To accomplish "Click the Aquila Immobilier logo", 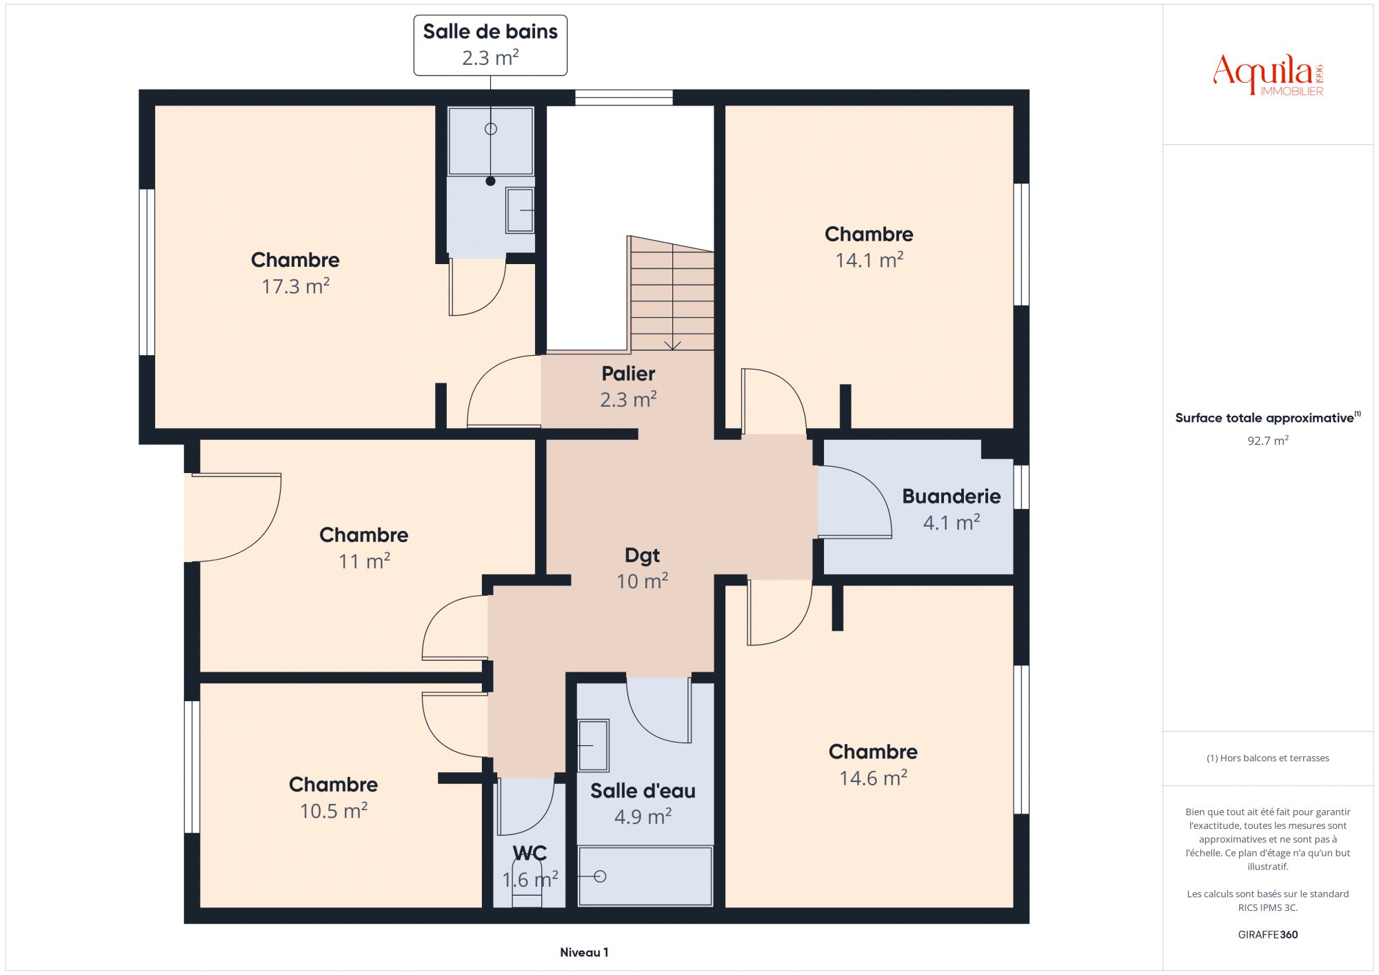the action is pos(1268,74).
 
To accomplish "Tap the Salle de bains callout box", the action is pos(490,45).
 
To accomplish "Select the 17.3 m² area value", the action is pos(295,286).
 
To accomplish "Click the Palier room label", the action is pos(628,374).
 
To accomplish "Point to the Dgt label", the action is pos(642,555).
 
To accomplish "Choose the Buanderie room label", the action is pos(952,496).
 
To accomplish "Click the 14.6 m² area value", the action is pos(873,778).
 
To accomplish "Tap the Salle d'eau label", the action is pos(643,791).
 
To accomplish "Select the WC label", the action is pos(530,854).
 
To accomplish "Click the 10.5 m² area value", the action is pos(334,810).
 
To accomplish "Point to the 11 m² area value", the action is pos(364,561).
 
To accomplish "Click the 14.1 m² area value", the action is pos(869,260).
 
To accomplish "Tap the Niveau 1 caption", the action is pos(584,952).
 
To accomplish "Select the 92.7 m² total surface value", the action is pos(1267,441).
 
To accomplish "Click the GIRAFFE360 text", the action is pos(1267,935).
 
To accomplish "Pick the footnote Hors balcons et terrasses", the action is pos(1267,758).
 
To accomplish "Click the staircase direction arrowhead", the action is pos(672,345).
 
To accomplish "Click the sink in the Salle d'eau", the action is pos(593,745).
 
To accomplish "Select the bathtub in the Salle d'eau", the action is pos(645,876).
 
